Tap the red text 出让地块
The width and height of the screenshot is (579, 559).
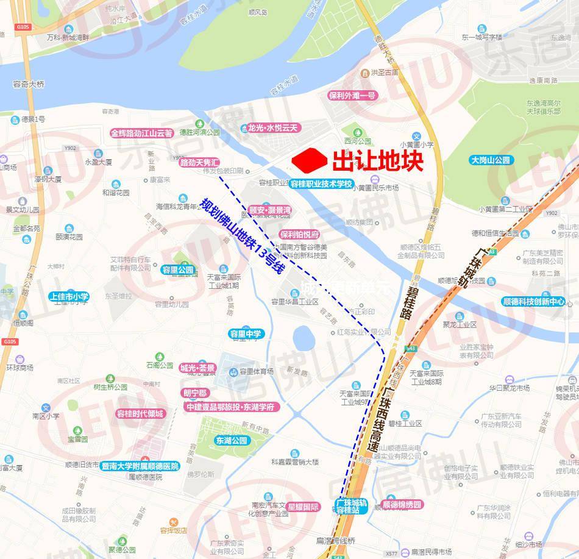click(378, 160)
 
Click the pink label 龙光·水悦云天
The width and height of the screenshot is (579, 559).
click(274, 128)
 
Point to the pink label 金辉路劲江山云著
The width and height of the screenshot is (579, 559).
click(142, 132)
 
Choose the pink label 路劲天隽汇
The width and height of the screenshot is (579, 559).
click(199, 163)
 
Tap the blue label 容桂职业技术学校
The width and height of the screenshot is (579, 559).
click(321, 183)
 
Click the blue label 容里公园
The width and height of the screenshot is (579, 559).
click(177, 269)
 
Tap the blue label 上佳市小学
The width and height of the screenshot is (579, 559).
click(69, 297)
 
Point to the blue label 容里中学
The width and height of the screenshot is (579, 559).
click(245, 333)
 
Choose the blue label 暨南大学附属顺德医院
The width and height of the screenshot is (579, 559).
click(141, 466)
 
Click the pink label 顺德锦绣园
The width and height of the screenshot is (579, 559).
click(402, 505)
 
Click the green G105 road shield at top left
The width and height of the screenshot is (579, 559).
click(24, 27)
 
